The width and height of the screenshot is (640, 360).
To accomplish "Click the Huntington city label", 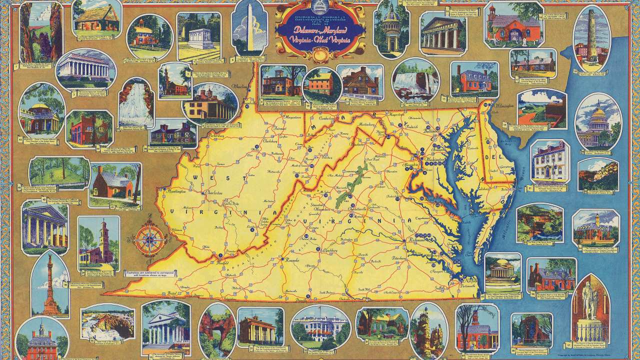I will pos(174,191).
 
